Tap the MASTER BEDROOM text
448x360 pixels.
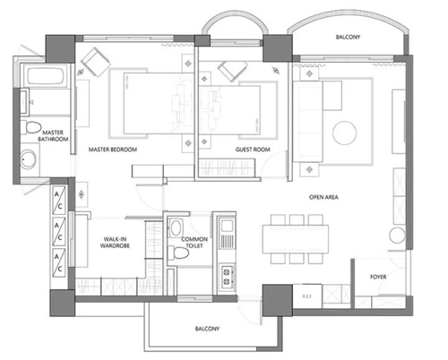pos(113,150)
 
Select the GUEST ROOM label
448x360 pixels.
pos(254,150)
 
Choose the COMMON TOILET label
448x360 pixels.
pos(194,244)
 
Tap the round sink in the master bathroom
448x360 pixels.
pos(28,162)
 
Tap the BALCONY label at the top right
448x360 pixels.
pos(349,37)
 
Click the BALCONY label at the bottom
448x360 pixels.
pos(208,329)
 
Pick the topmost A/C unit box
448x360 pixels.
pos(58,196)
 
